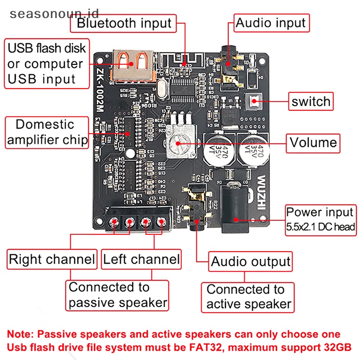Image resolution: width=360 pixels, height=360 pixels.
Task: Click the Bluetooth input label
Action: [124, 23]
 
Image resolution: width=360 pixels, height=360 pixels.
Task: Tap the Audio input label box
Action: [271, 22]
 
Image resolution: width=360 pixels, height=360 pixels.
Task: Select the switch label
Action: [311, 102]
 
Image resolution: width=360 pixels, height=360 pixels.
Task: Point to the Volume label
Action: [313, 143]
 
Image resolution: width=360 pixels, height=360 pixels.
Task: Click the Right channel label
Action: [52, 259]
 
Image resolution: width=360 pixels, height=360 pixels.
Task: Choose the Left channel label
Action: [141, 259]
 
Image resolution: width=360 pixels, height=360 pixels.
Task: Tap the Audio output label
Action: [251, 261]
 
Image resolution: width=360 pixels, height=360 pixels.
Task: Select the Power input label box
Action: [321, 219]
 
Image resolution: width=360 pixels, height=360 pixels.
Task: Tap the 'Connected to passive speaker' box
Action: [118, 295]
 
